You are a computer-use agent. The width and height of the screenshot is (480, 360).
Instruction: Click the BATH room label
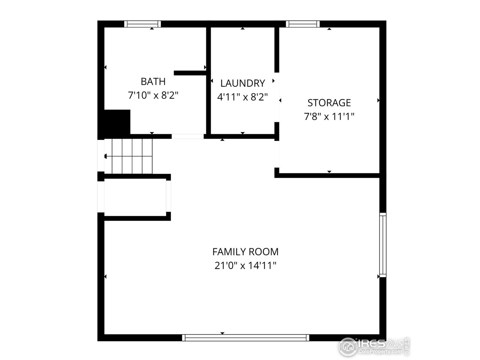[153, 81]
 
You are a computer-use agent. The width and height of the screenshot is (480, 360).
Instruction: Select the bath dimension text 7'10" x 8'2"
[153, 96]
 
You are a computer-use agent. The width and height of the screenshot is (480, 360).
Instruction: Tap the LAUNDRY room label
[243, 83]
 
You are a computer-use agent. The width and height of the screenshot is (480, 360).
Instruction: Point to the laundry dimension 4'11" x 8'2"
[243, 97]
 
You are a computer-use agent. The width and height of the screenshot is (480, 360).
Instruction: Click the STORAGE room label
[329, 102]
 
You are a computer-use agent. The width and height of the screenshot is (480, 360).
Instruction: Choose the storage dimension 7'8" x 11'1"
[329, 117]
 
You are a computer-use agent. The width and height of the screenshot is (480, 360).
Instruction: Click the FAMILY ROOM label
[245, 252]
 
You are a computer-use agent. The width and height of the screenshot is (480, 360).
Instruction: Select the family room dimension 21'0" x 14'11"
[245, 266]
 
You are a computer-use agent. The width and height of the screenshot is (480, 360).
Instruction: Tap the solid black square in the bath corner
[117, 122]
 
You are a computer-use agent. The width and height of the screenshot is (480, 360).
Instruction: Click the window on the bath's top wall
[142, 24]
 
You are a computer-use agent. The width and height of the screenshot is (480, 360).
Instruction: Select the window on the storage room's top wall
[303, 24]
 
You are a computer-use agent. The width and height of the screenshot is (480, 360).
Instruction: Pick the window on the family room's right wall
[382, 245]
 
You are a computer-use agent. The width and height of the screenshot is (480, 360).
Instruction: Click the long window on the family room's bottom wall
[246, 338]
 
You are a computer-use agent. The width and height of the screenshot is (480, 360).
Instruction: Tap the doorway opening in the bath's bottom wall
[188, 136]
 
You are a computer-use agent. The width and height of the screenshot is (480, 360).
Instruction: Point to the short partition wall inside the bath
[190, 73]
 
